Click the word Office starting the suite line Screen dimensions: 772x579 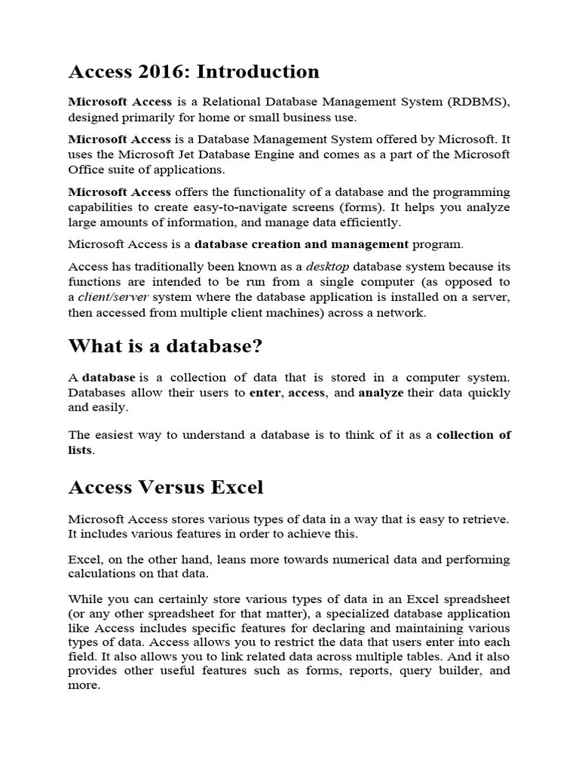tap(87, 170)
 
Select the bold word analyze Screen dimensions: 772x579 tap(381, 393)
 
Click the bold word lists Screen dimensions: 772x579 tap(81, 450)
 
